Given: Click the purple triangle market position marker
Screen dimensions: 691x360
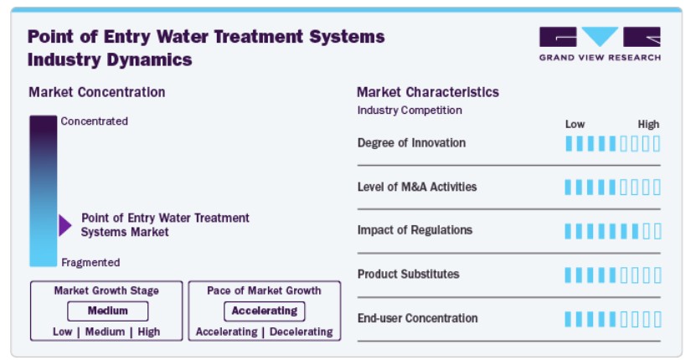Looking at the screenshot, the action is point(64,225).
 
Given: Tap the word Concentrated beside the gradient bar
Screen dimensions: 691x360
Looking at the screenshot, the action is point(95,121).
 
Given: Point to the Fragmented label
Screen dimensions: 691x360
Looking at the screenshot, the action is point(90,263).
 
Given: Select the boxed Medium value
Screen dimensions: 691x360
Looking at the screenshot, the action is point(107,311).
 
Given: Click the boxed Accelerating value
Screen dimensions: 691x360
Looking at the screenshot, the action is point(265,311).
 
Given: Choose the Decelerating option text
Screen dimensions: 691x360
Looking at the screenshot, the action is point(302,332).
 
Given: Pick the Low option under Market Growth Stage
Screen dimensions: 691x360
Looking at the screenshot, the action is point(62,332).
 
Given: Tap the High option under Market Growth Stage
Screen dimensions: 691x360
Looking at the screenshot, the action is point(149,332).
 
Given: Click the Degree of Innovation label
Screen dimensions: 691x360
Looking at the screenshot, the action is point(411,143).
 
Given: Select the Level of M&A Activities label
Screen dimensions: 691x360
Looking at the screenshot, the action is point(417,187).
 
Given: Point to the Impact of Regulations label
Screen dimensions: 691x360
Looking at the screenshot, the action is point(415,230).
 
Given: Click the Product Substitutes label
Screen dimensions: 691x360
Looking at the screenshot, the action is point(408,274).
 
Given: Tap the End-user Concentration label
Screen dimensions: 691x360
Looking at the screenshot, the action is point(417,318).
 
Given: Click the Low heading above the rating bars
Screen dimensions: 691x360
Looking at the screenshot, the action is point(575,124).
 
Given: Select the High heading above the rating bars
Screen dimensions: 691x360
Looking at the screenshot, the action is point(648,124).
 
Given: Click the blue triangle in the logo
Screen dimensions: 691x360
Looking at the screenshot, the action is point(600,35).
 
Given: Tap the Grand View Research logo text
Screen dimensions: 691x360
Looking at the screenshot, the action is point(600,57).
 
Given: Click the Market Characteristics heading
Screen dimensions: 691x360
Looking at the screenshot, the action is point(428,92).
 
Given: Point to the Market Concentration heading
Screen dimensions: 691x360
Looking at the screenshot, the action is point(97,92).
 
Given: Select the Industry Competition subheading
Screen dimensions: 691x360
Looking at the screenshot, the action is point(410,111).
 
